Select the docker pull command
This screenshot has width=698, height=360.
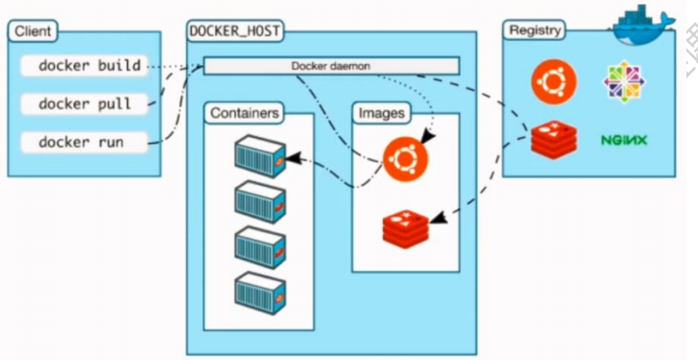(84, 104)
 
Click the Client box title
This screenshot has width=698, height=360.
(32, 32)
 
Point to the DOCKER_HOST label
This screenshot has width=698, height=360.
(234, 32)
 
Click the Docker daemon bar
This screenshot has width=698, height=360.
(332, 66)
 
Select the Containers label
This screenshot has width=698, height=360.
(244, 113)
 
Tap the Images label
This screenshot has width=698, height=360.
(381, 113)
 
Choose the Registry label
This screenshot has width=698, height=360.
(534, 31)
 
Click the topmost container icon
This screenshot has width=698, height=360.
(260, 156)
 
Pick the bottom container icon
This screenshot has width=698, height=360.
(260, 293)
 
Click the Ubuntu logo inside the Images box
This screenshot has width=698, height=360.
(406, 159)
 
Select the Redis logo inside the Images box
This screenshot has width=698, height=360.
(406, 229)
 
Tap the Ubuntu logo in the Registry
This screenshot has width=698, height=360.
(553, 82)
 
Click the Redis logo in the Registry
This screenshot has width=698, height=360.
(553, 140)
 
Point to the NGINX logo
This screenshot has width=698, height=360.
(624, 141)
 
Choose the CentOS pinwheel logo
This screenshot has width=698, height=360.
(625, 81)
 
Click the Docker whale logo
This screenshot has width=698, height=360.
(644, 26)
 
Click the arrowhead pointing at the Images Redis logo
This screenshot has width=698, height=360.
(438, 218)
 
